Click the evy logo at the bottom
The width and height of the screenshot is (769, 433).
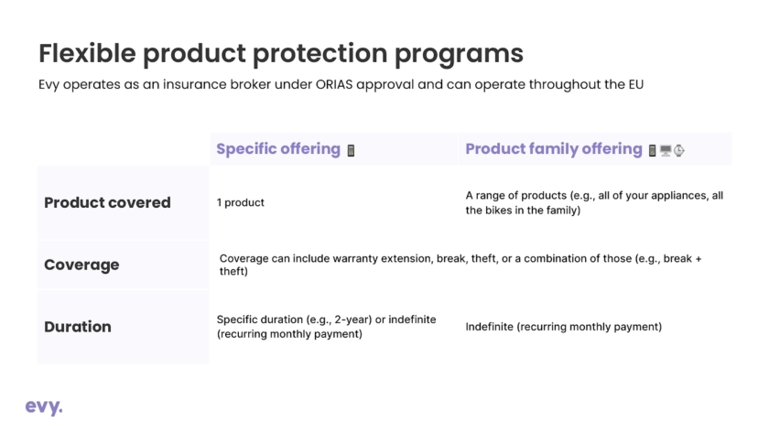[x=44, y=407]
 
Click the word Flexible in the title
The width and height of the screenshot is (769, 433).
[x=87, y=53]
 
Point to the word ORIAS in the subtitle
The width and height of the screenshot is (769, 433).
[x=334, y=84]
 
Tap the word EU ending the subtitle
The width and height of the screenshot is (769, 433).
[x=636, y=84]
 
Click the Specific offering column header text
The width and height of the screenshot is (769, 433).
[x=278, y=149]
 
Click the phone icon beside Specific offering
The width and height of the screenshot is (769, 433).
[x=351, y=150]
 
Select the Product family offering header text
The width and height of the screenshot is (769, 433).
[x=554, y=149]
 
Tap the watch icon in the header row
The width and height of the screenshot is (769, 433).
[x=678, y=150]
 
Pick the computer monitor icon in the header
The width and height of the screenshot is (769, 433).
[x=666, y=150]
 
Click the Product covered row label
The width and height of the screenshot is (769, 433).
[x=107, y=202]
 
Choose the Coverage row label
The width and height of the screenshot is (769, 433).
[x=81, y=265]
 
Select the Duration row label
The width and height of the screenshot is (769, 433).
[x=78, y=327]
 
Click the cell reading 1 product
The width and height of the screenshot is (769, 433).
[x=240, y=202]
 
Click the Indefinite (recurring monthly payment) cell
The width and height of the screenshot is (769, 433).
[x=564, y=327]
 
